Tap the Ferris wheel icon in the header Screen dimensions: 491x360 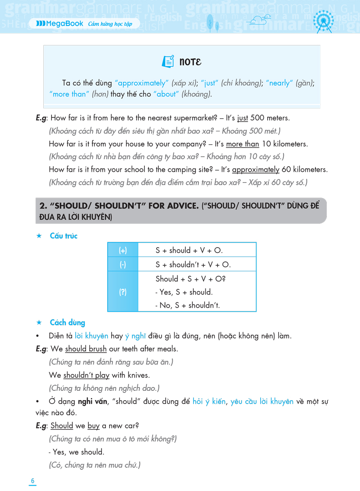point(323,21)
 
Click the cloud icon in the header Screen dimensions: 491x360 point(260,19)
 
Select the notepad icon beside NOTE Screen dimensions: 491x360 point(168,61)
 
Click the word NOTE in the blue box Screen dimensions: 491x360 point(191,62)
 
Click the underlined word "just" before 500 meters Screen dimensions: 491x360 point(243,118)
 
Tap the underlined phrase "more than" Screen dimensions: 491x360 point(243,144)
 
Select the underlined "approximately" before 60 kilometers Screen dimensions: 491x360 point(256,169)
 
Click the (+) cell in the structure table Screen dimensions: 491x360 point(123,250)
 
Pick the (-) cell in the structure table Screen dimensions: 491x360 point(123,265)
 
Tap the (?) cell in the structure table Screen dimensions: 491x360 point(123,292)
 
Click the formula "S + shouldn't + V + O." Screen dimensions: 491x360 point(193,265)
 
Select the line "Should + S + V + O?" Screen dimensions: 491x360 point(191,279)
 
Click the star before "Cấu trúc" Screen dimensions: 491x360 point(39,236)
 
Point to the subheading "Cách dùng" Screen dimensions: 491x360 point(67,323)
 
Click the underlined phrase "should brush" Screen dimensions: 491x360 point(86,349)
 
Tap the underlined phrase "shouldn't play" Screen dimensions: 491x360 point(86,375)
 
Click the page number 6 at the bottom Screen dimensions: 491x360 point(33,481)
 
